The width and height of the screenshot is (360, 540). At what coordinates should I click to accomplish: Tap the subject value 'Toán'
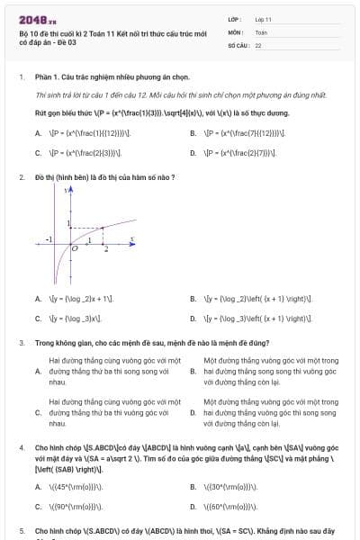pos(261,31)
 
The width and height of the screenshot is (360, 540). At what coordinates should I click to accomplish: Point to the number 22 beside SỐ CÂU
pos(258,44)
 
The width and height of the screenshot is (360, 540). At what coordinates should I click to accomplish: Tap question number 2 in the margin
pos(21,177)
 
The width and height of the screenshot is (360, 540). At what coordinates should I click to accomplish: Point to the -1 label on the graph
pos(49,238)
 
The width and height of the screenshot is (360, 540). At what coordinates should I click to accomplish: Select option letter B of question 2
pos(193,298)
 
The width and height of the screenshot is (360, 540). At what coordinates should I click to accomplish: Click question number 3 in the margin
pos(21,343)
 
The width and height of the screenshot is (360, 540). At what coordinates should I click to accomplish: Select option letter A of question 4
pos(38,487)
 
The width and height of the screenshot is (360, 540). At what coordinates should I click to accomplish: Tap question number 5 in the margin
pos(21,531)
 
